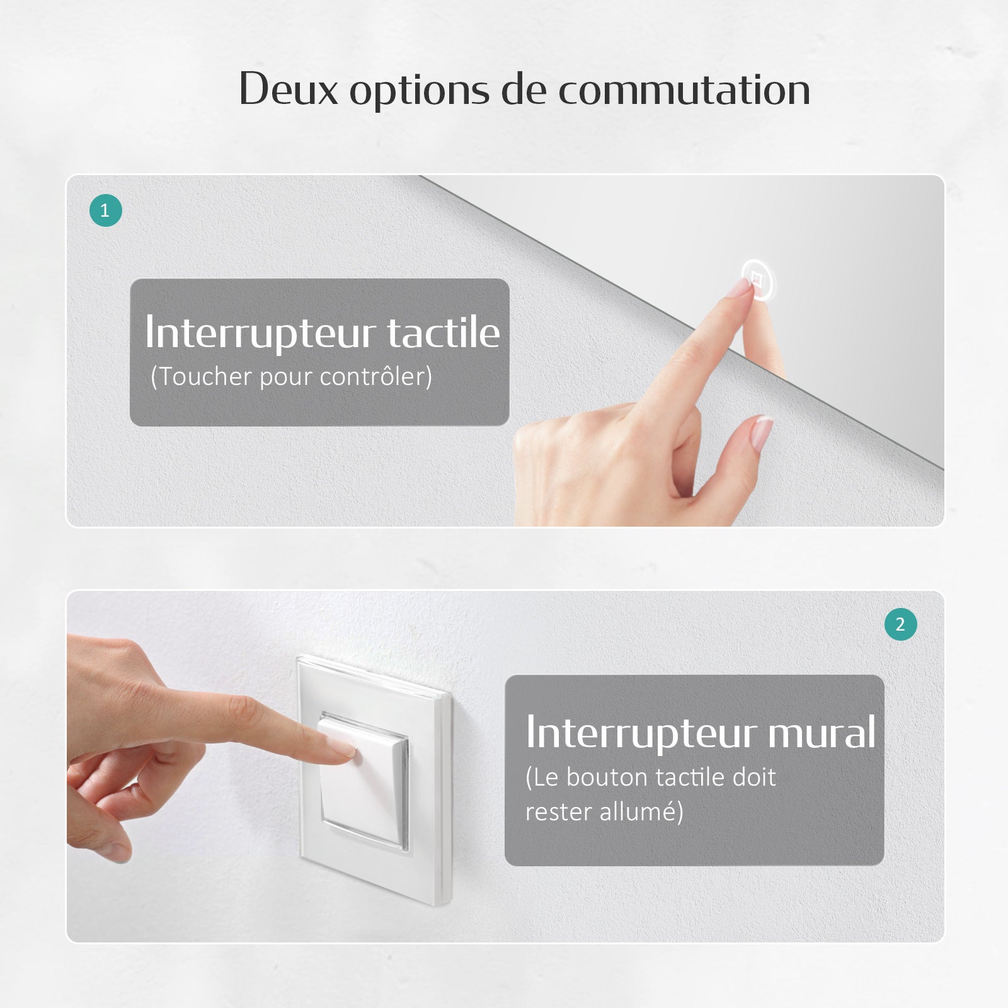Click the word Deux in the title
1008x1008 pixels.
pyautogui.click(x=289, y=89)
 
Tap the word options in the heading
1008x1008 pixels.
pyautogui.click(x=419, y=91)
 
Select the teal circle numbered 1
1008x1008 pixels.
pyautogui.click(x=105, y=210)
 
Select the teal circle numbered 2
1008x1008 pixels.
pyautogui.click(x=900, y=624)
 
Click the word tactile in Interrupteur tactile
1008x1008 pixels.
pyautogui.click(x=443, y=333)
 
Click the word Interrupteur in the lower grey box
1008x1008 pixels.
pyautogui.click(x=641, y=733)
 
